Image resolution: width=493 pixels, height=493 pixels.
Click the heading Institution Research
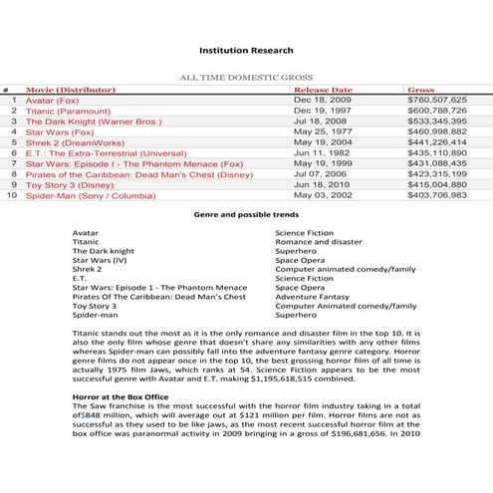pyautogui.click(x=245, y=49)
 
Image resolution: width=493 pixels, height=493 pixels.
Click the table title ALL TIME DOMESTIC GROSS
pyautogui.click(x=245, y=77)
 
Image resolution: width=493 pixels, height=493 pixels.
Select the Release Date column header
pyautogui.click(x=324, y=90)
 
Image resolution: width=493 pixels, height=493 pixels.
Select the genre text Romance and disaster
pyautogui.click(x=318, y=241)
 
